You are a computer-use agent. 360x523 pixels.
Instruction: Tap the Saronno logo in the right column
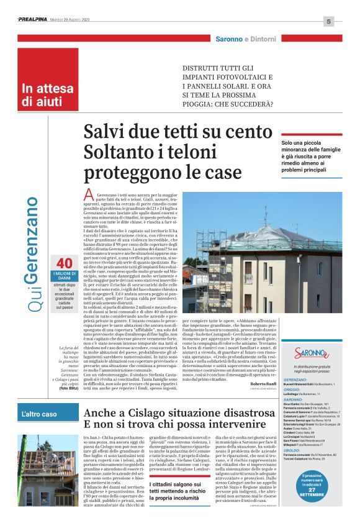click(x=311, y=353)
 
